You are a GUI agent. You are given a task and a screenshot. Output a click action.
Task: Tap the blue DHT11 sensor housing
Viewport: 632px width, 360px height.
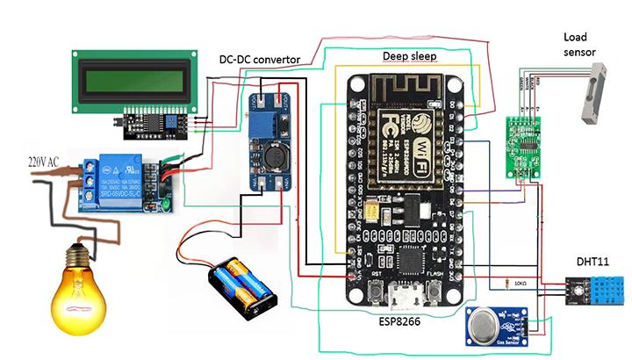[602, 286]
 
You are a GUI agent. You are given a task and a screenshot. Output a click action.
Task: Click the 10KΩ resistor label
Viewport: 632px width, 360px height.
[523, 284]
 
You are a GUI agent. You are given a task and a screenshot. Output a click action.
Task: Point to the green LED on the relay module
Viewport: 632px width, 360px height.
[164, 206]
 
